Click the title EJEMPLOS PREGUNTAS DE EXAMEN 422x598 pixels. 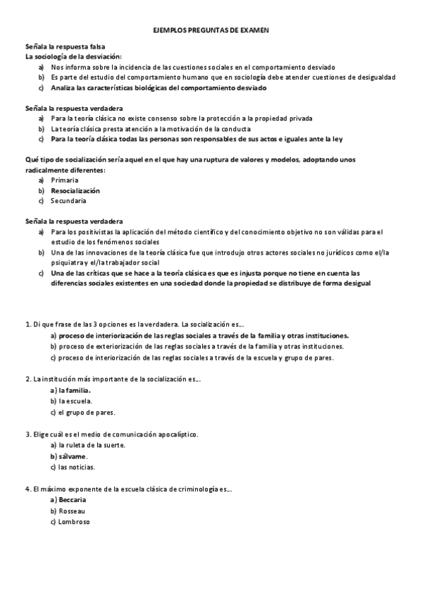point(211,32)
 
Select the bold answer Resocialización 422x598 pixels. point(75,190)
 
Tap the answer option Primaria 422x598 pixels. point(65,181)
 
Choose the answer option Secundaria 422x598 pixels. point(68,201)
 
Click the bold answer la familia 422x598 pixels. point(76,390)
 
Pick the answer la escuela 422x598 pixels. point(75,401)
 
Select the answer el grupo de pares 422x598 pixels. point(87,412)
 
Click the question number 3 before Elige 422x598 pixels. point(27,434)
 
